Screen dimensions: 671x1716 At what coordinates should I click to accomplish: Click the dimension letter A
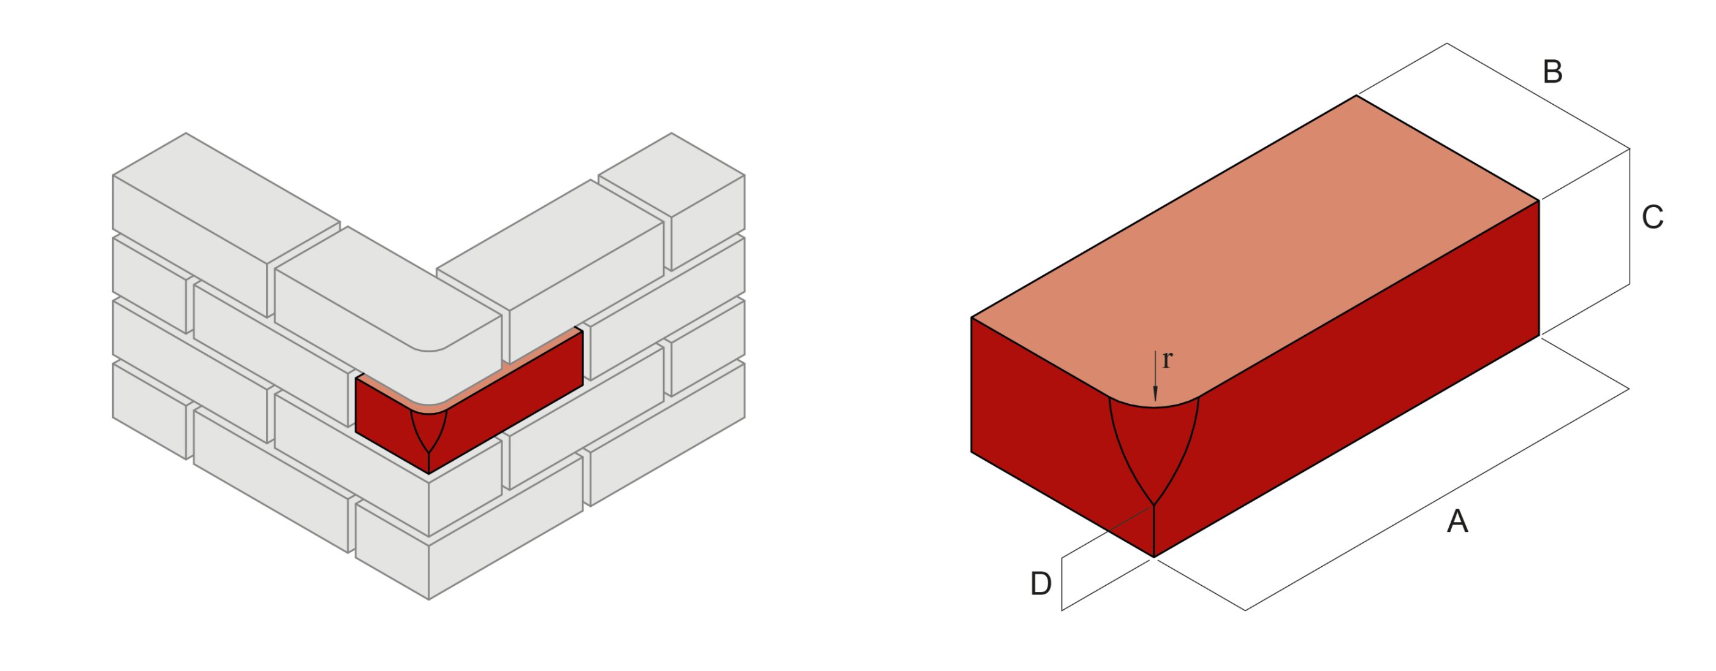(1457, 521)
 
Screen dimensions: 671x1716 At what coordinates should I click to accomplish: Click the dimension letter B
(1552, 72)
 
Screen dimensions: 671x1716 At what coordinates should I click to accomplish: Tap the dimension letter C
(1652, 217)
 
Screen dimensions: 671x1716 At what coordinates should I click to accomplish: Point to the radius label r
(1167, 360)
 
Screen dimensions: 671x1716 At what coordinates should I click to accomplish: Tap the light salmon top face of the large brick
(1266, 253)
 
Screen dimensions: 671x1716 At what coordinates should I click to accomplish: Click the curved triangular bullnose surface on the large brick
(1154, 447)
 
